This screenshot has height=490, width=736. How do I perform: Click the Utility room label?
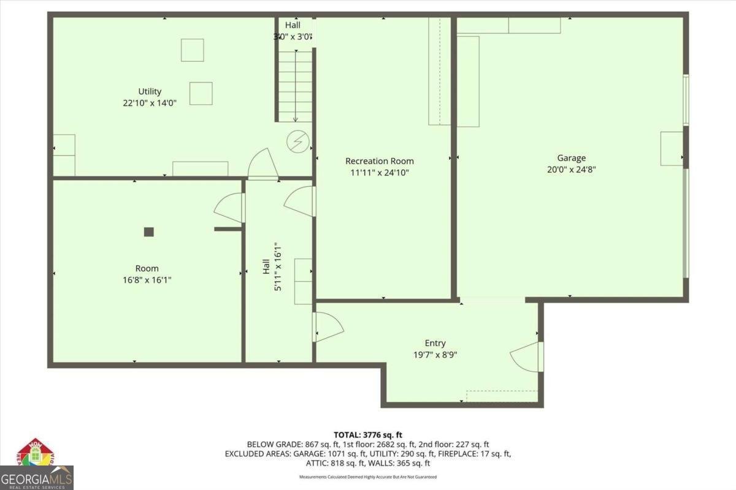coord(150,92)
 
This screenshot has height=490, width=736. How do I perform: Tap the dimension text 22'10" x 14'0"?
coord(150,103)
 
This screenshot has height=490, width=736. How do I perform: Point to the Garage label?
coord(571,158)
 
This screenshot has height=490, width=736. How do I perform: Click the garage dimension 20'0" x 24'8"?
coord(571,169)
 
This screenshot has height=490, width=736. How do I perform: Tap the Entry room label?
coord(435,343)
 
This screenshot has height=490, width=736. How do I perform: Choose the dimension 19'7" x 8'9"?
coord(435,354)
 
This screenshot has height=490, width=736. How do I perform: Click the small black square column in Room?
coord(148,232)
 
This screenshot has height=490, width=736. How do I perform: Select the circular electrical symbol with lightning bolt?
coord(298,143)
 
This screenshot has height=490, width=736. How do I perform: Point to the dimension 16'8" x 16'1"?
coord(147,279)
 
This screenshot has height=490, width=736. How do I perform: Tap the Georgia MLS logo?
coord(37,466)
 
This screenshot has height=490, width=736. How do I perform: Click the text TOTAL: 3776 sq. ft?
coord(367,434)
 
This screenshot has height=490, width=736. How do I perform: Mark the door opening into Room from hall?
coord(230,208)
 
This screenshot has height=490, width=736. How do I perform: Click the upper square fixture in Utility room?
coord(192,50)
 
